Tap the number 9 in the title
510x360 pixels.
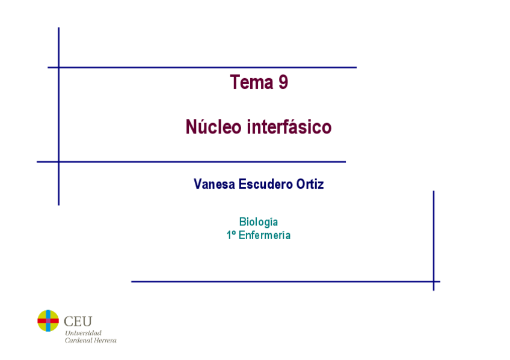pyautogui.click(x=283, y=82)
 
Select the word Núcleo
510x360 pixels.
pyautogui.click(x=214, y=127)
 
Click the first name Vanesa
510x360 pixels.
pyautogui.click(x=214, y=184)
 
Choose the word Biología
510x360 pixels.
pyautogui.click(x=259, y=222)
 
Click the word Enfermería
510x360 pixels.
pyautogui.click(x=265, y=235)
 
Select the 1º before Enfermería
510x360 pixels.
pyautogui.click(x=231, y=235)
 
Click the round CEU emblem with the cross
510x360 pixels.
pyautogui.click(x=48, y=321)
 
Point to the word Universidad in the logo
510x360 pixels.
pyautogui.click(x=83, y=333)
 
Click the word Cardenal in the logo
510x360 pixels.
pyautogui.click(x=79, y=341)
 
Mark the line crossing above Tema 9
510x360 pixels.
pyautogui.click(x=58, y=67)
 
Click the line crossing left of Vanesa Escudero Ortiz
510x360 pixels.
pyautogui.click(x=58, y=162)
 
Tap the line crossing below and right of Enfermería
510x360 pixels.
pyautogui.click(x=434, y=281)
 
